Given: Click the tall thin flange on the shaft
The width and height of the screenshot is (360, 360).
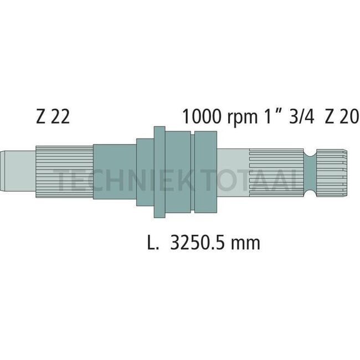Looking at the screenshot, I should [160, 172].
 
